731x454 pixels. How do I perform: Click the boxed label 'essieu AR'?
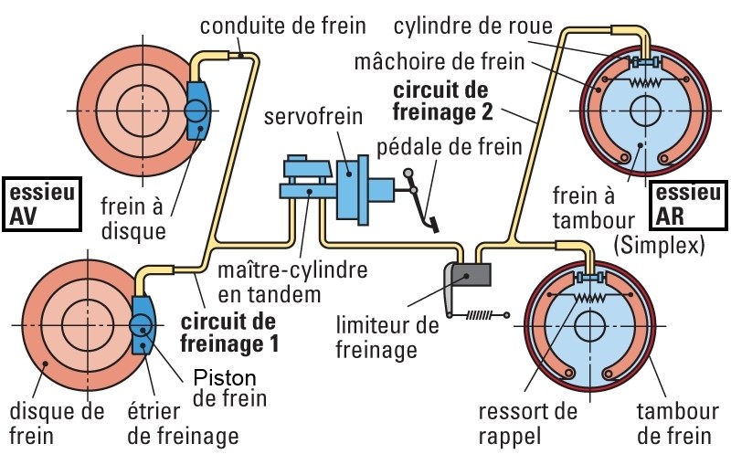688,204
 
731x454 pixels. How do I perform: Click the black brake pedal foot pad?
432,223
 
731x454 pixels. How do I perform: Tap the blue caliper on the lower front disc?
143,325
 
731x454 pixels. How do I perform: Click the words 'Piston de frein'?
230,387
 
